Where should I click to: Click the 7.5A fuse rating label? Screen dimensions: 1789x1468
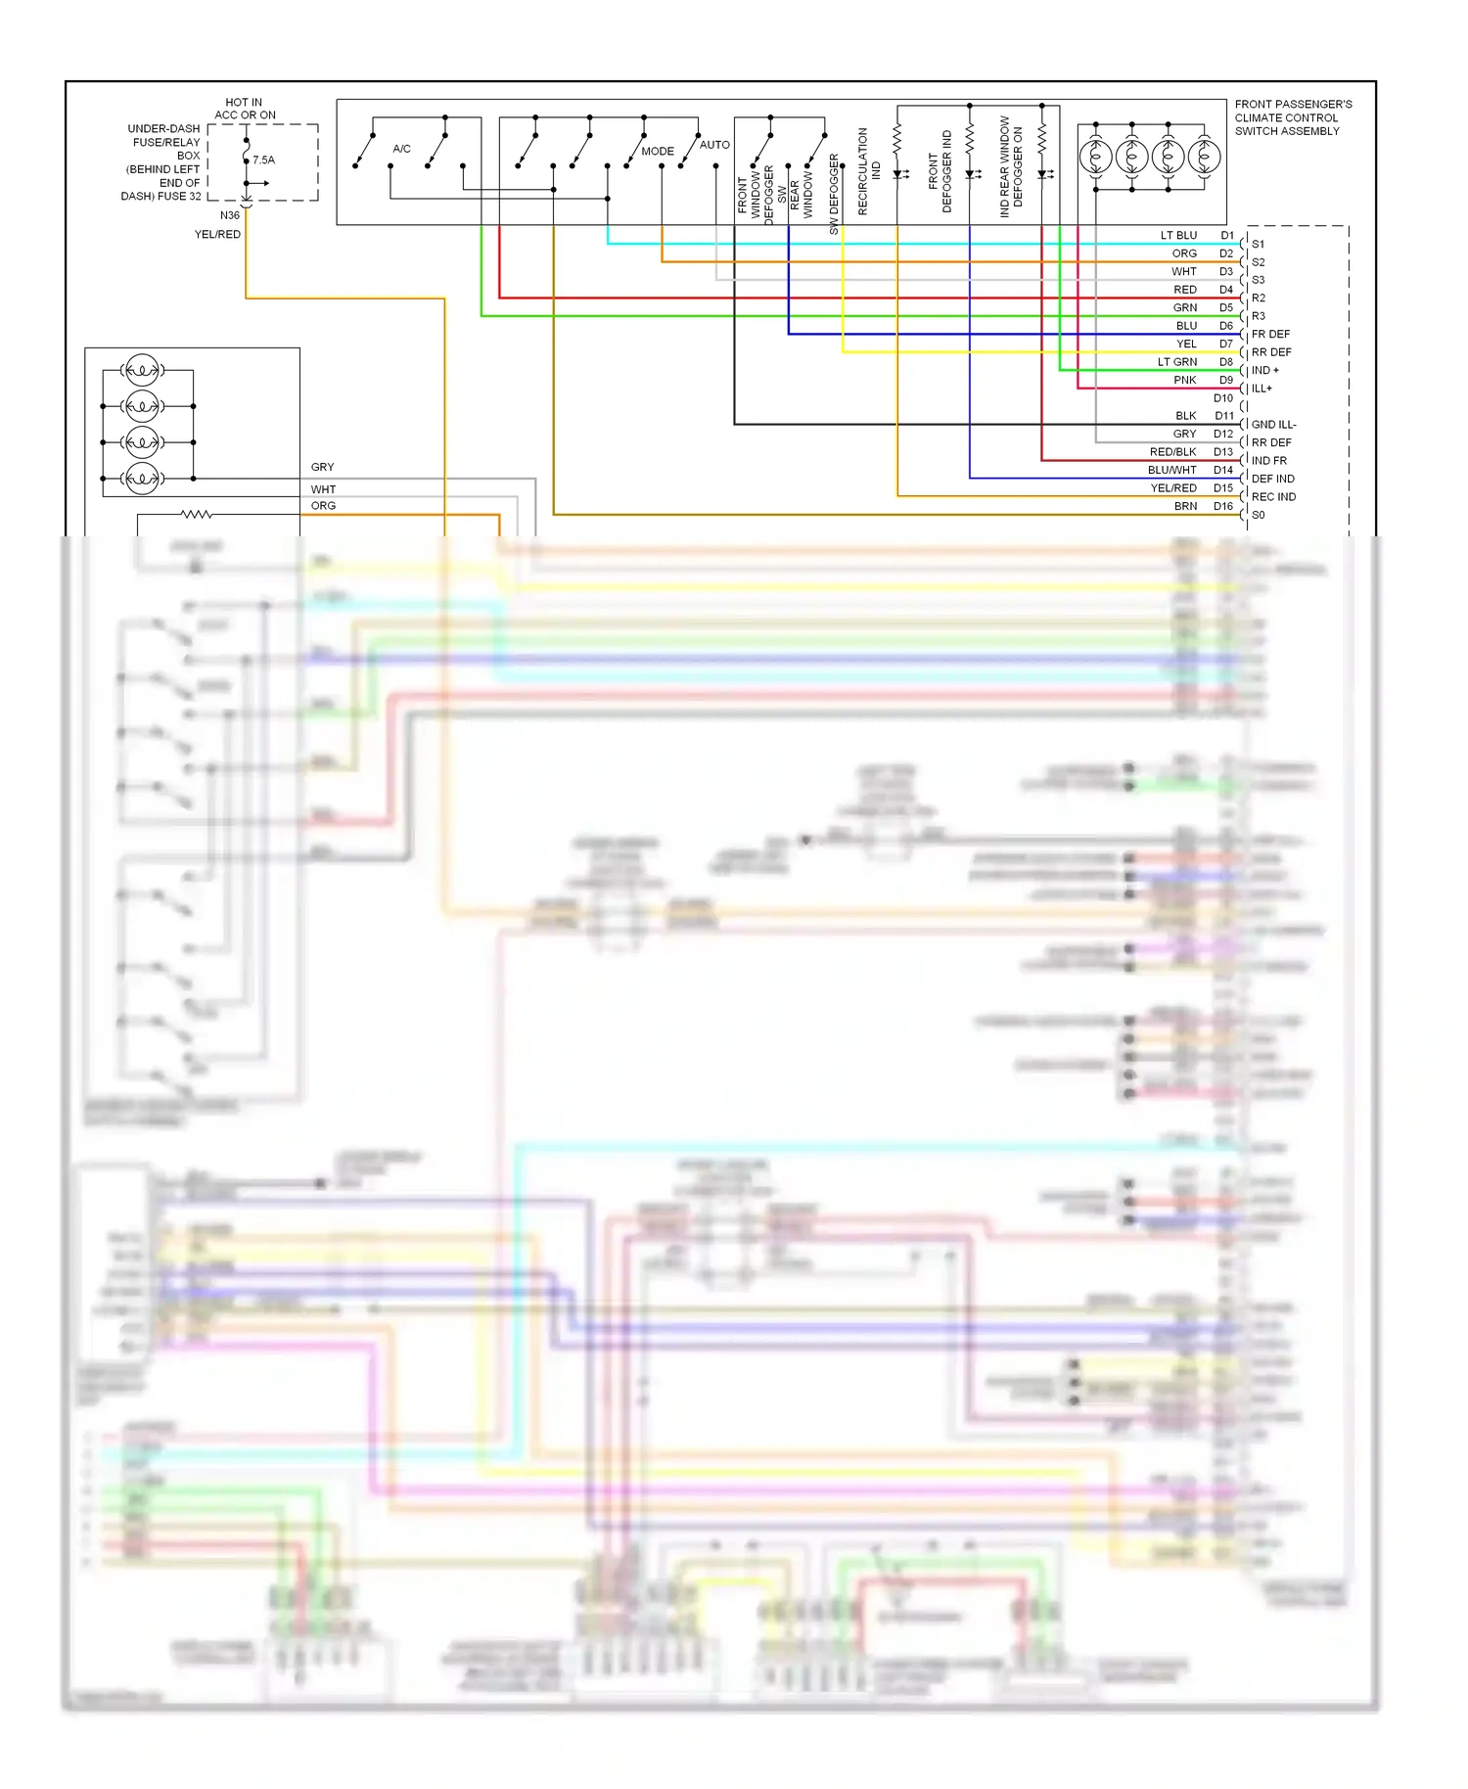(263, 160)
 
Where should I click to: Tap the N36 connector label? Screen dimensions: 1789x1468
(229, 215)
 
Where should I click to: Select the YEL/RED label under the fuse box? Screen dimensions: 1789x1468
(217, 234)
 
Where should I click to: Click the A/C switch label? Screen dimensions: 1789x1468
(401, 149)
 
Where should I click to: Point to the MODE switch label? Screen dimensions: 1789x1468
(658, 152)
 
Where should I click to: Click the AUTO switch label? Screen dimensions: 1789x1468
(714, 145)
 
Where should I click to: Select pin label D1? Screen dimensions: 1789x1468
(1227, 236)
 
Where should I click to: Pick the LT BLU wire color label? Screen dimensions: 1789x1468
(1178, 236)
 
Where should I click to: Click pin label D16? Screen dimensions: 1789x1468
(1223, 506)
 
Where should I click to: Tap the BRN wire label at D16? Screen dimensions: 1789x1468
(1185, 506)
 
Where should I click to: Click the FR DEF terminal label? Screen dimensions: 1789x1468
(1270, 334)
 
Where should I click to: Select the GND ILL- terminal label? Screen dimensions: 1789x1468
(1273, 425)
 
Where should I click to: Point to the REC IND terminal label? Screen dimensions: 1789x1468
(1273, 497)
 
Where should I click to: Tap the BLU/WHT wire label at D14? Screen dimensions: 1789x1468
(1171, 470)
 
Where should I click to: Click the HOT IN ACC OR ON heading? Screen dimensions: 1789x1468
(245, 109)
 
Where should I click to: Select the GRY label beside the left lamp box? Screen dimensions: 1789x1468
(322, 467)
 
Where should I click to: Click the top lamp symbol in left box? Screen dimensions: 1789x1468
(143, 370)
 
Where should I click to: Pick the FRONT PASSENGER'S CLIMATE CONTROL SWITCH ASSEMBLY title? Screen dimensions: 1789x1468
(1293, 117)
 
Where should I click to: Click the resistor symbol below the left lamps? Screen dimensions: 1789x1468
(196, 514)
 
